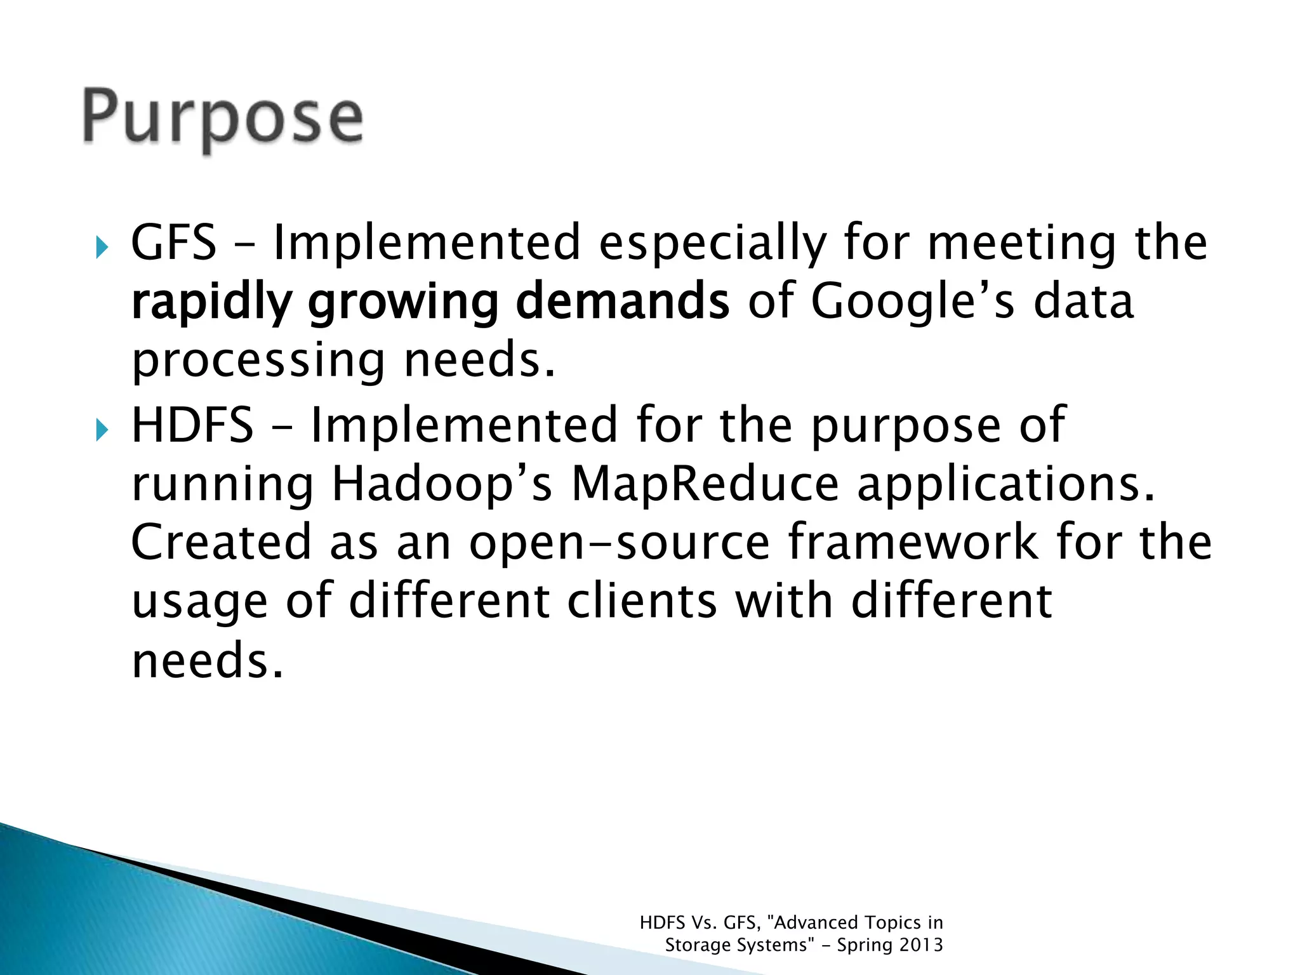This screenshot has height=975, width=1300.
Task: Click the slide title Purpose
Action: (222, 117)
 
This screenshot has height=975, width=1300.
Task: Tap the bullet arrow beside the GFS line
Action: (102, 246)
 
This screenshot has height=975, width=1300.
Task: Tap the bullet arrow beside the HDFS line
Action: (102, 430)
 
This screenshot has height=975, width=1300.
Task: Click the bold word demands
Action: (622, 302)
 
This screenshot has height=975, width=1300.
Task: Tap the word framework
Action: (913, 542)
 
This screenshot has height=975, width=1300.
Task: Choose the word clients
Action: (642, 601)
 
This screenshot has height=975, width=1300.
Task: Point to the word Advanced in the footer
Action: (816, 922)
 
